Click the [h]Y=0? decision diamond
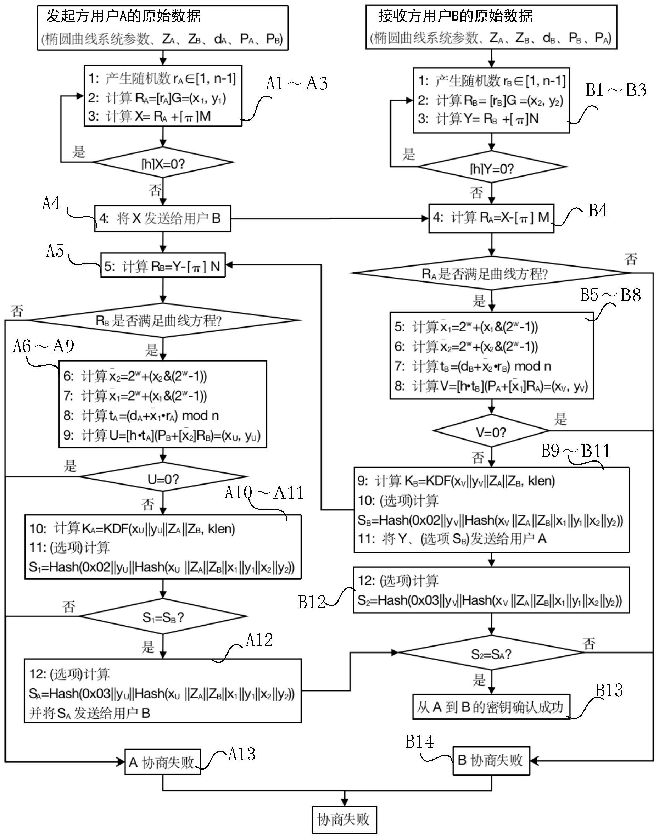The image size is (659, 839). click(x=492, y=167)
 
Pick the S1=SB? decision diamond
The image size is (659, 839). click(x=163, y=616)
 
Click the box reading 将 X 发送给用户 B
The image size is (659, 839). click(x=162, y=219)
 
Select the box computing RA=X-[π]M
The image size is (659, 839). click(x=491, y=218)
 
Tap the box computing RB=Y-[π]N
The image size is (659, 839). click(x=163, y=266)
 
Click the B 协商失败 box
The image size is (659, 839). click(x=491, y=761)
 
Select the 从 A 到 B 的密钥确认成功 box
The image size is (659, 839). click(x=491, y=707)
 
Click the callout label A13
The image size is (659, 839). click(x=241, y=754)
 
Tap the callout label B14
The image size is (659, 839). click(x=419, y=742)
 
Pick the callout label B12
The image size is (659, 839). click(x=312, y=602)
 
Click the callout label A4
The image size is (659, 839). click(x=51, y=203)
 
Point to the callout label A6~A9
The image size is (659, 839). click(x=44, y=346)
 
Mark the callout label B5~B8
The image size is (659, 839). click(x=610, y=296)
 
